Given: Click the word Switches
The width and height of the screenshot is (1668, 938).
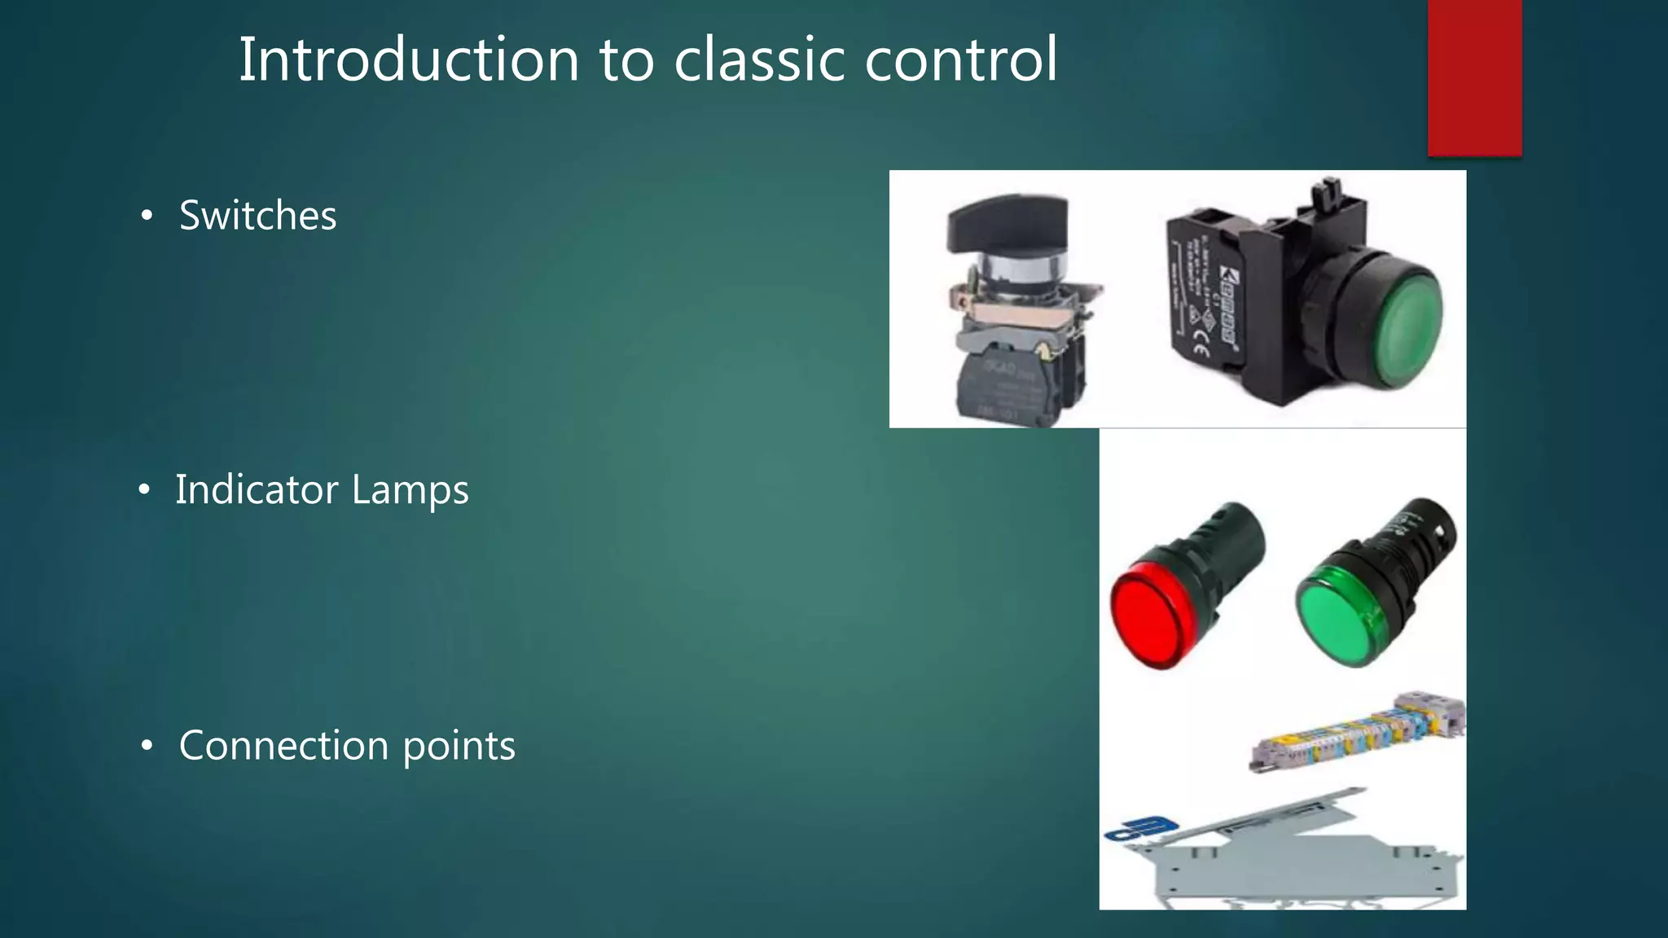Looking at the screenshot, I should (x=257, y=216).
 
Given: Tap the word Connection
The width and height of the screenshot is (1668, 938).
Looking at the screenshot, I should (x=283, y=745).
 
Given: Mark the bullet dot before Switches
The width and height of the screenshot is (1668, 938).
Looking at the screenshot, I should (x=147, y=216).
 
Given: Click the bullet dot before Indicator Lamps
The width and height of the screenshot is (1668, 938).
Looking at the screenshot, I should (x=144, y=489).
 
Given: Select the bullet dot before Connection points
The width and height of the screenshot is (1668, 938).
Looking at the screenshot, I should (x=147, y=745).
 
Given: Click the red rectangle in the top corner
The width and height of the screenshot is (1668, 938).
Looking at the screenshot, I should (x=1474, y=77).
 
